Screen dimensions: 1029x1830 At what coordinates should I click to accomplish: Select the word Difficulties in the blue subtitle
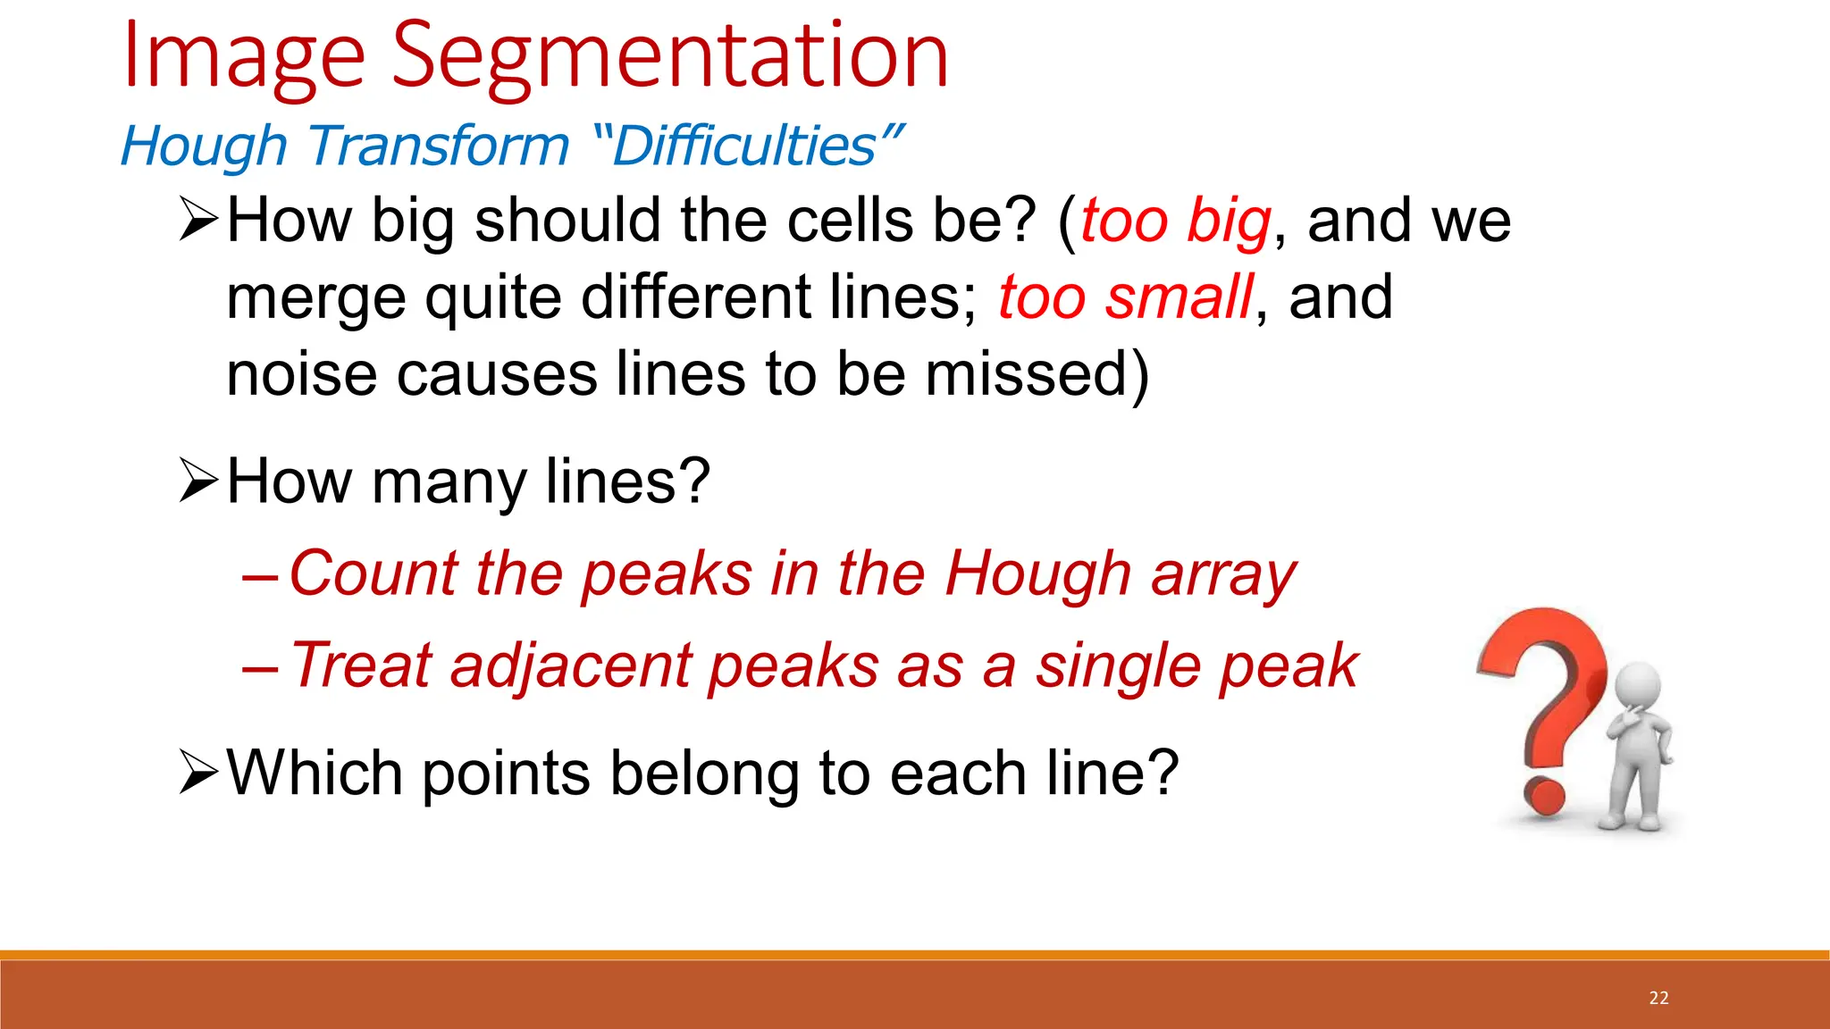pos(745,146)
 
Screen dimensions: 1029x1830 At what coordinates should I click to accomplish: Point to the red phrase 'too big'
pos(1175,221)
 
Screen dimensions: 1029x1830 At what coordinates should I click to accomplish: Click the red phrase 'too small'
pos(1125,297)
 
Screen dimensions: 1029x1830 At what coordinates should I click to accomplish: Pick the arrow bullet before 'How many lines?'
pos(198,481)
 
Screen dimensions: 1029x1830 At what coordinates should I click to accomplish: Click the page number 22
pos(1658,998)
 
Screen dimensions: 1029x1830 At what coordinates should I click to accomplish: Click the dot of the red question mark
pos(1544,795)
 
